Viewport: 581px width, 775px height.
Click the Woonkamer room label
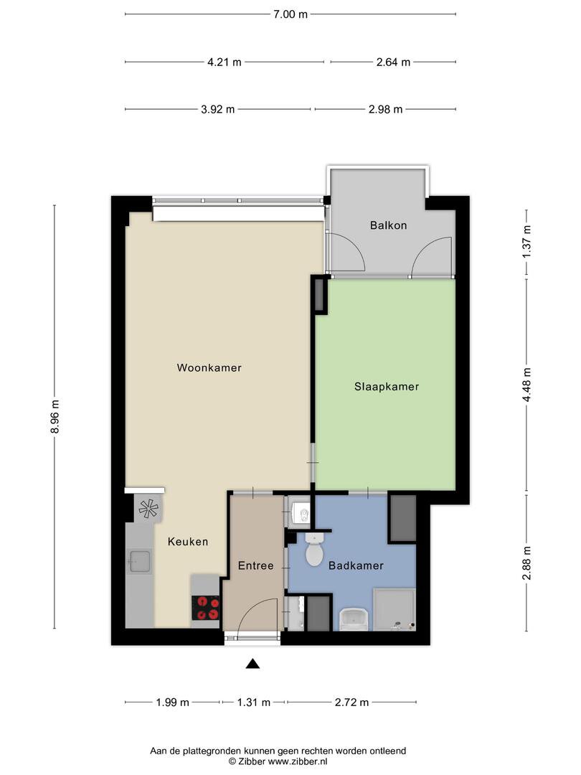point(209,367)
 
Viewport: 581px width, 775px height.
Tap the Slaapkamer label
point(387,387)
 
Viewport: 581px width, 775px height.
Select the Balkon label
point(388,226)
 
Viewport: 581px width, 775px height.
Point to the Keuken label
point(188,542)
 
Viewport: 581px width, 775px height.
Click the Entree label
point(256,566)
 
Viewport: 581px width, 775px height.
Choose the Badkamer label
point(356,566)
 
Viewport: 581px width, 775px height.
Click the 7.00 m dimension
point(290,14)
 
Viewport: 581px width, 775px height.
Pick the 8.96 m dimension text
point(55,417)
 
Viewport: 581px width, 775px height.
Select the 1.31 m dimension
point(253,703)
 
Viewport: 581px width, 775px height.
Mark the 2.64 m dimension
point(393,62)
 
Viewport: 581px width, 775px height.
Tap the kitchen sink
point(139,561)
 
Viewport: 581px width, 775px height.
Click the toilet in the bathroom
point(313,549)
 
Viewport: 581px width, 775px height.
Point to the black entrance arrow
point(253,664)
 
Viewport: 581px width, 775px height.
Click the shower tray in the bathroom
point(395,609)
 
